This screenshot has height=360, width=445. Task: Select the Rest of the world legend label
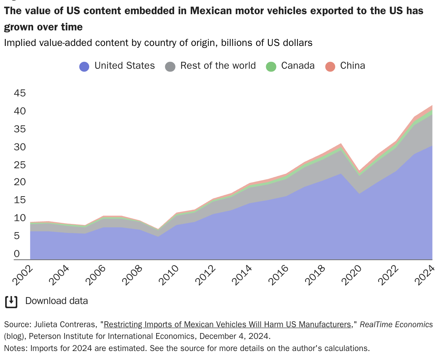tap(218, 66)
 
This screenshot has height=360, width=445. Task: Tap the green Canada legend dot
tap(271, 67)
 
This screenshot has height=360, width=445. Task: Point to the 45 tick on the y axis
tap(20, 93)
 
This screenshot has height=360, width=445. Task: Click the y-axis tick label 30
tap(20, 147)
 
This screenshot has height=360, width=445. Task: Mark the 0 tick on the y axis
tap(17, 254)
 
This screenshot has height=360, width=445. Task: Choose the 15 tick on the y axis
tap(20, 200)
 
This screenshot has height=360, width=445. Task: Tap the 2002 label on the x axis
tap(23, 275)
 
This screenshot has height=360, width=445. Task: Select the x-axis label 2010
tap(169, 275)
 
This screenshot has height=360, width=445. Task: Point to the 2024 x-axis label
tap(425, 275)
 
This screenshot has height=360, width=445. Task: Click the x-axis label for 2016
tap(279, 275)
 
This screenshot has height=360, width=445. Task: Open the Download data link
tap(57, 301)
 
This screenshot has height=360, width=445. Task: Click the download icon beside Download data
tap(11, 302)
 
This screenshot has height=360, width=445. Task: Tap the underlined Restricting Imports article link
tap(227, 325)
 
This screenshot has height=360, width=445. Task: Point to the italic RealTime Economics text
tap(396, 325)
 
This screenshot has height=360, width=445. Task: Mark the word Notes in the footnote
tap(15, 348)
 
